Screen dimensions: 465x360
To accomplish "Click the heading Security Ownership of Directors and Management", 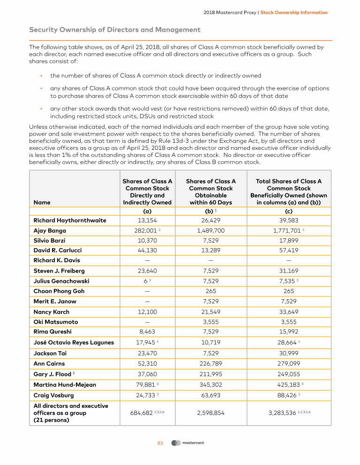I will pos(115,30).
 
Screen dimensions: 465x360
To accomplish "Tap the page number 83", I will pos(159,443).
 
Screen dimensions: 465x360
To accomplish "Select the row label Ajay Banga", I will pos(50,230).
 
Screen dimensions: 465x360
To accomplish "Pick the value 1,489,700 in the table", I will pos(210,230).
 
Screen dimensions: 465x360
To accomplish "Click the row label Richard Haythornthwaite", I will pos(70,220).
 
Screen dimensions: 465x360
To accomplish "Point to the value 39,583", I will pos(289,220).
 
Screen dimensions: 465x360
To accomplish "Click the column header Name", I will pos(41,202).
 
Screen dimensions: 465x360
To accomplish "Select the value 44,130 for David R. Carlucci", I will pos(147,251).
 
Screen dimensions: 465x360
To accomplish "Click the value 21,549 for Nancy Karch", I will pos(210,312).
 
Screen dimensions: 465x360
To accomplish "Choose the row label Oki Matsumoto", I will pos(56,322).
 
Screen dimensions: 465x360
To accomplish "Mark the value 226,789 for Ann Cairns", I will pos(210,363).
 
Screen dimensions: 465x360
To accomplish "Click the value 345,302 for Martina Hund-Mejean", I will pos(210,384).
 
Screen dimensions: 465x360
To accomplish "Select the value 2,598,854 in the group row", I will pos(210,413).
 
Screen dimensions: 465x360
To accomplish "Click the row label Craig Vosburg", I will pos(54,395).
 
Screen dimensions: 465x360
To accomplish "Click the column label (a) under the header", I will pos(147,211).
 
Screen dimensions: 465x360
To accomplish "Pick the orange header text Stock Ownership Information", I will pos(294,13).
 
